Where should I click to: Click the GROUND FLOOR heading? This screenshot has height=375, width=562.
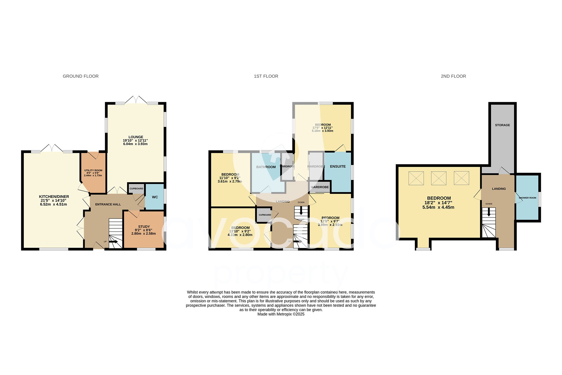point(80,76)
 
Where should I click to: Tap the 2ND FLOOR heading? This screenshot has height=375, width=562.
point(453,76)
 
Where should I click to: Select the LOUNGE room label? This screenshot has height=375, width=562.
point(136,137)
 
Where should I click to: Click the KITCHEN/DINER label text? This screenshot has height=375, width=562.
point(54,197)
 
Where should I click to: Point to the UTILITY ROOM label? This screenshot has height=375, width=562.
point(93,170)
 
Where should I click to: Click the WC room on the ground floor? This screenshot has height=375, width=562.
point(155,197)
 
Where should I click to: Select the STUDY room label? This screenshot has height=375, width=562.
point(144,227)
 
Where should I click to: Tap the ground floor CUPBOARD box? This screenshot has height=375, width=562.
point(136,189)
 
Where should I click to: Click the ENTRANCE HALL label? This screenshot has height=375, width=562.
point(108,204)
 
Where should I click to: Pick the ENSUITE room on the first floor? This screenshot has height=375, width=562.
point(338,167)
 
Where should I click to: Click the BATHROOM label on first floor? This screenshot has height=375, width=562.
point(266,167)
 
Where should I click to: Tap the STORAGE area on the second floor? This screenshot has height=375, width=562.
point(502,125)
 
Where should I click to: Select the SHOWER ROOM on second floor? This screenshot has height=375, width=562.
point(527,198)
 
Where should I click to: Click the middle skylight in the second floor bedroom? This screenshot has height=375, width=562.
point(439,178)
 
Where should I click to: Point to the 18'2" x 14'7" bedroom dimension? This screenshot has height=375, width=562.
point(438,203)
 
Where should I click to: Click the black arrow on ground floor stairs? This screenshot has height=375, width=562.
point(114,242)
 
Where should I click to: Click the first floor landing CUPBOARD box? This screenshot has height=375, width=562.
point(265,215)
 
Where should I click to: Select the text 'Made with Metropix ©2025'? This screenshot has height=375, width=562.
point(281,314)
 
